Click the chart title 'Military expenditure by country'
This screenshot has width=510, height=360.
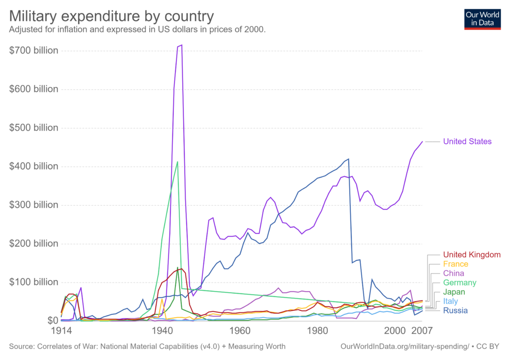point(112,16)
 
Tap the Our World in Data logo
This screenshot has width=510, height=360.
point(482,18)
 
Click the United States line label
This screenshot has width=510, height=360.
point(467,142)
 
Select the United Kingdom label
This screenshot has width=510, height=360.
point(472,255)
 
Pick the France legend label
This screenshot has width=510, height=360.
point(455,264)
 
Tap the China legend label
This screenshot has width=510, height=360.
point(453,274)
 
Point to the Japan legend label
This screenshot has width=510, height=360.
point(454,292)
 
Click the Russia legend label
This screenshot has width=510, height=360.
point(455,311)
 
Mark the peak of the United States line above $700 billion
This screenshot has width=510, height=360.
point(182,45)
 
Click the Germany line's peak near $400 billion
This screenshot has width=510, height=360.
point(177,162)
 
